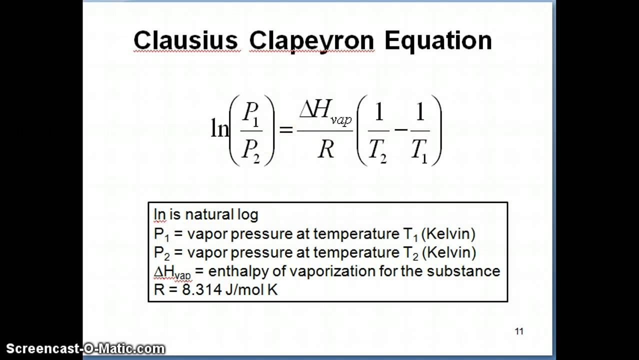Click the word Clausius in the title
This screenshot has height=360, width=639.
pyautogui.click(x=185, y=40)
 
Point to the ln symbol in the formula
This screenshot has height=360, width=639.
pyautogui.click(x=219, y=129)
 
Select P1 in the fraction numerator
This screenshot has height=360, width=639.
pyautogui.click(x=251, y=114)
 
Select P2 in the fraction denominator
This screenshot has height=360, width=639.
pyautogui.click(x=251, y=148)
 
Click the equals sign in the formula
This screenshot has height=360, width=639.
pyautogui.click(x=285, y=129)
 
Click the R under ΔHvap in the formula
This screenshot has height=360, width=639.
pyautogui.click(x=325, y=148)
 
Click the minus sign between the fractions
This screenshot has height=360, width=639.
pyautogui.click(x=400, y=129)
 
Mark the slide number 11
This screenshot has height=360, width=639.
pyautogui.click(x=518, y=331)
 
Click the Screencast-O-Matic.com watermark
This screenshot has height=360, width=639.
pyautogui.click(x=85, y=348)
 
